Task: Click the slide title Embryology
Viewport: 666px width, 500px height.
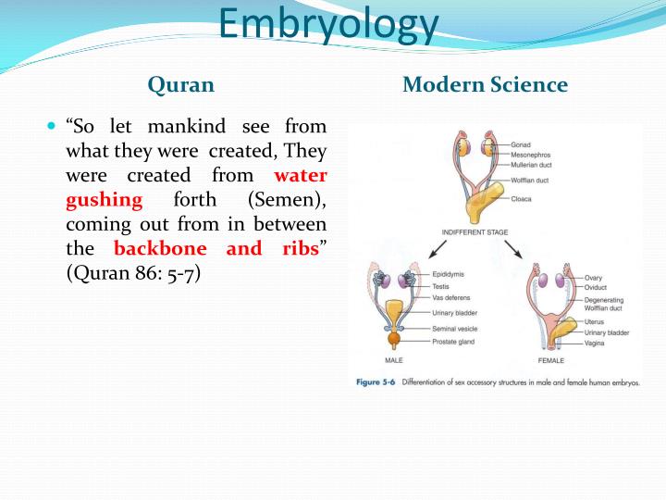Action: point(328,25)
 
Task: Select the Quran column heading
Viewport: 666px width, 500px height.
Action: point(181,84)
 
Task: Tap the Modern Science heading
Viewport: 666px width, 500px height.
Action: point(485,84)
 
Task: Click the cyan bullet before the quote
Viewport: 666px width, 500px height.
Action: point(52,126)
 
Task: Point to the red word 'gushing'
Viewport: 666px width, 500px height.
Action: point(104,200)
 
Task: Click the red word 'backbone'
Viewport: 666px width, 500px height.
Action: point(160,248)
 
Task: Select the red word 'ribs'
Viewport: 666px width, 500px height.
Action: point(301,248)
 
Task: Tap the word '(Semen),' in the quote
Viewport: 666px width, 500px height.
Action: point(287,200)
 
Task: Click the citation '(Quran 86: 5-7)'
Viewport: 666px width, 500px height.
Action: point(133,273)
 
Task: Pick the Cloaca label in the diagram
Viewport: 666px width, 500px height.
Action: point(521,199)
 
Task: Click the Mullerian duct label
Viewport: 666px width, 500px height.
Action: point(531,165)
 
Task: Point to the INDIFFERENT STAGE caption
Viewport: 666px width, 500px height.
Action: point(475,232)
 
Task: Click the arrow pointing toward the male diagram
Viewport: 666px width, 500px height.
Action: point(438,249)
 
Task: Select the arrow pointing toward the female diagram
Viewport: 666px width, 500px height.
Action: point(513,249)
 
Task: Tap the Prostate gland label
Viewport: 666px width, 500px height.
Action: point(453,342)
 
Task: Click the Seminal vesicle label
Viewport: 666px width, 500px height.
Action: point(454,329)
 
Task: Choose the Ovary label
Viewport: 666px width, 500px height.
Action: point(593,278)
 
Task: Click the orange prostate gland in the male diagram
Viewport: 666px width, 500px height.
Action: point(394,339)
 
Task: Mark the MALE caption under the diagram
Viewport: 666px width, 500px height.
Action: point(394,360)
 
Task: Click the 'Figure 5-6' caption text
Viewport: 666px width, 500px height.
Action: point(376,381)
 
